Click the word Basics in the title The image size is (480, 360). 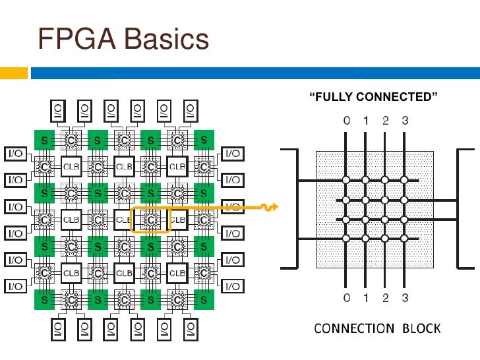point(167,39)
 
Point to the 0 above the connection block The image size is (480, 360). point(346,121)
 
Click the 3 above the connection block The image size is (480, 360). point(405,121)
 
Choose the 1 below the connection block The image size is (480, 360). point(366,298)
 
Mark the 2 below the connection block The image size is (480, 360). point(386,298)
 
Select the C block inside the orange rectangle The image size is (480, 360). point(150,219)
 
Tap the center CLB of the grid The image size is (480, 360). point(124,219)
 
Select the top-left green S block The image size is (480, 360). point(45,140)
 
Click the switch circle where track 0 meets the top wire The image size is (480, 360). point(346,180)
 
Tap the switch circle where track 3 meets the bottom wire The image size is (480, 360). point(405,238)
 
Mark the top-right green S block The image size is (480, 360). point(204,140)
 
